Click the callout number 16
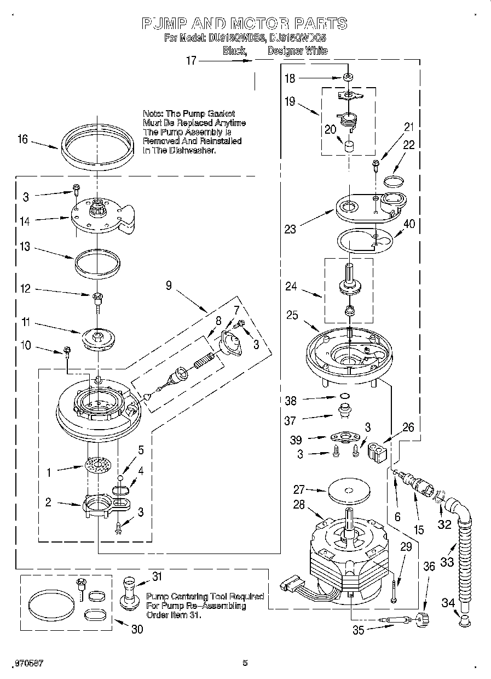click(22, 139)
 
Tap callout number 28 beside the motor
click(299, 505)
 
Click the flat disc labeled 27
click(348, 492)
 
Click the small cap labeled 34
click(464, 620)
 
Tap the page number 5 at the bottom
click(245, 663)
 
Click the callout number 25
click(292, 315)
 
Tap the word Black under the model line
click(234, 51)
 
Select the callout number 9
click(169, 285)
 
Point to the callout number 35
click(358, 630)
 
